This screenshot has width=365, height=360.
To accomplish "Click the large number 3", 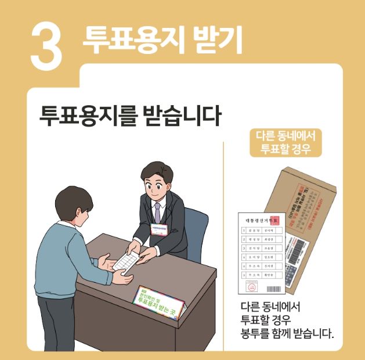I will (x=46, y=45).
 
